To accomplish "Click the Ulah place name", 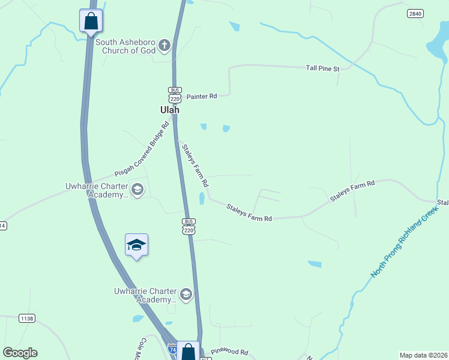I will [x=169, y=110].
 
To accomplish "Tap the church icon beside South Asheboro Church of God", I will [x=163, y=46].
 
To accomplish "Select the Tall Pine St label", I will [x=322, y=68].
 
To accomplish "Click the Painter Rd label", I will [x=200, y=96].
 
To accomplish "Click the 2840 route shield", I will [x=414, y=13].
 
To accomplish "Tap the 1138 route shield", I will [x=26, y=318].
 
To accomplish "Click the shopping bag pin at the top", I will [x=91, y=21].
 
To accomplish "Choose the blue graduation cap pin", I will [x=137, y=245].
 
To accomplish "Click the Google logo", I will [x=20, y=353].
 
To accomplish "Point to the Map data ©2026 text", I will [x=423, y=355].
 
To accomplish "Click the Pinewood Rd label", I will [x=229, y=352].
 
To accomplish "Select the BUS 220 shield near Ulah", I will [x=175, y=95].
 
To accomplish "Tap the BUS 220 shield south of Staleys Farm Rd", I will [x=188, y=226].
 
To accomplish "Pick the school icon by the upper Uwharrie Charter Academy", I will [x=137, y=190].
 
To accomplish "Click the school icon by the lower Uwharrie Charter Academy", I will [x=186, y=294].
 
